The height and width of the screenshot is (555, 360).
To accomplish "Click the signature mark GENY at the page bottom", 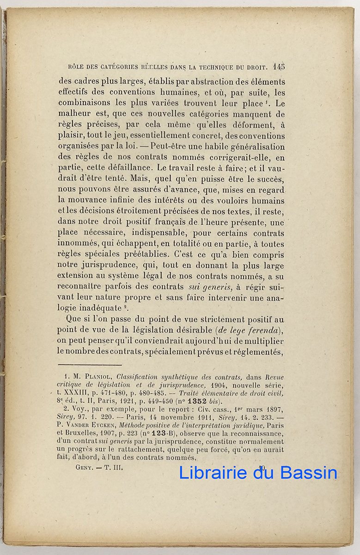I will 85,467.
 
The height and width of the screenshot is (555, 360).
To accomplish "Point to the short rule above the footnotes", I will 89,364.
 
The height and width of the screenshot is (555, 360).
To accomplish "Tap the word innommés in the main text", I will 76,244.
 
